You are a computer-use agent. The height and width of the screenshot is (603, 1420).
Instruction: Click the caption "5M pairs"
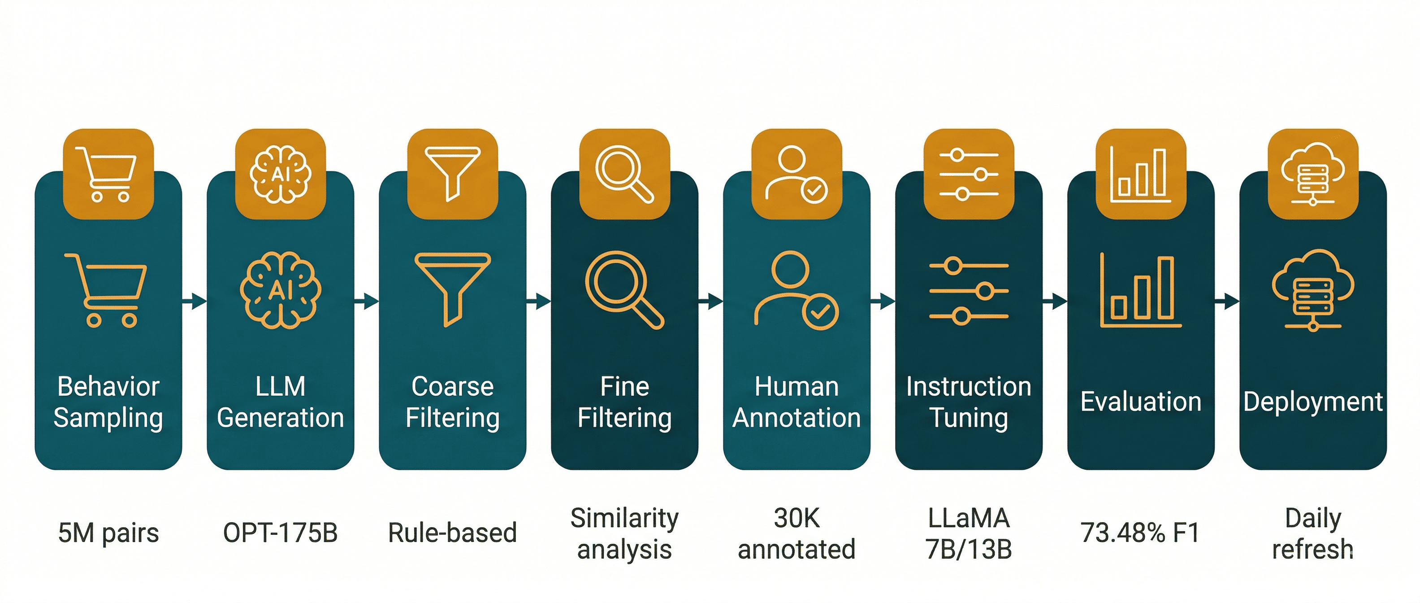click(108, 533)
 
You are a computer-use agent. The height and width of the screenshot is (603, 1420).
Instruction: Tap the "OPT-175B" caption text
click(280, 533)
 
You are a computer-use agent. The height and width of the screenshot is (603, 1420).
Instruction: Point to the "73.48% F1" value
click(1139, 533)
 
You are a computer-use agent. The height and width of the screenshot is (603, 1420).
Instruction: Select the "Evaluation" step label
click(1140, 402)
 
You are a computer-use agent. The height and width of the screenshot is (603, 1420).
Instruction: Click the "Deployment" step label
click(1312, 402)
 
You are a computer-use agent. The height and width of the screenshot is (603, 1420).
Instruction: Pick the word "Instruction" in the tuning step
click(969, 386)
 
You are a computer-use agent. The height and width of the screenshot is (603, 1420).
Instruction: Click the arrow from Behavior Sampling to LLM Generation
click(194, 301)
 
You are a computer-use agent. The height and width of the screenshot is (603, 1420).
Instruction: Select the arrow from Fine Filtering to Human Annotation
click(710, 301)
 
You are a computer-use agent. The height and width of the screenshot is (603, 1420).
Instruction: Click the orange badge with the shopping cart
click(108, 174)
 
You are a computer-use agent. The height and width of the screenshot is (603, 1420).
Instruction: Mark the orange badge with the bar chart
click(1140, 174)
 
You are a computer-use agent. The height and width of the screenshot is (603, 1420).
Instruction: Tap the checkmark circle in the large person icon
click(820, 312)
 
